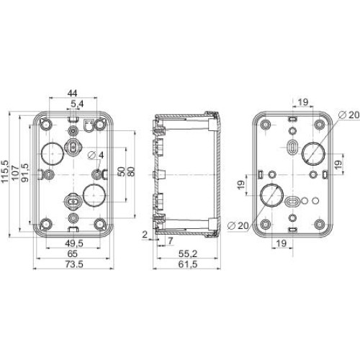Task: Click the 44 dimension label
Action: click(72, 93)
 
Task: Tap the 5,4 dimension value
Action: click(77, 104)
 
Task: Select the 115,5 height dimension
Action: click(5, 171)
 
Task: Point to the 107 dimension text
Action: click(15, 173)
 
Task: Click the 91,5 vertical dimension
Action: click(25, 173)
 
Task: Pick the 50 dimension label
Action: click(122, 171)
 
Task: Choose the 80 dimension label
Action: click(131, 171)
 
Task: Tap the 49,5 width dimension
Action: click(74, 243)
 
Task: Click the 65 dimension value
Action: click(72, 253)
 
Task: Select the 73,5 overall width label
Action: click(74, 264)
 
